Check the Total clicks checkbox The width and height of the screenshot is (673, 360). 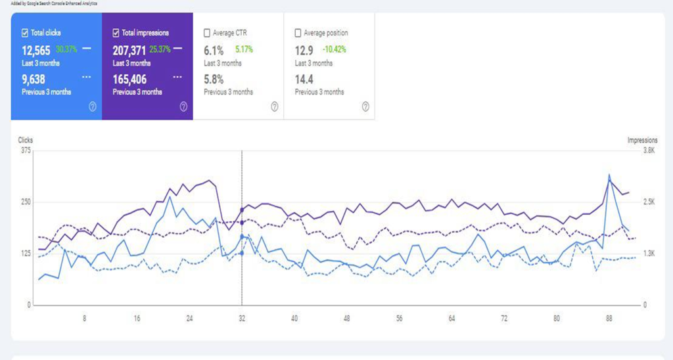point(25,32)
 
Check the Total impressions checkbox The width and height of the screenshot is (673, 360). point(116,32)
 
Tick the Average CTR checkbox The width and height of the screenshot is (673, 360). point(208,32)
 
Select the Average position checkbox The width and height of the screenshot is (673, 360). point(298,32)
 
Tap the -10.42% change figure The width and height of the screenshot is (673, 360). point(335,49)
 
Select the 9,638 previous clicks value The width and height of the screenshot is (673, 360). point(34,79)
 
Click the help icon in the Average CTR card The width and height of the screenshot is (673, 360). point(274,106)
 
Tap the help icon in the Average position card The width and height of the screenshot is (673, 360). point(365,106)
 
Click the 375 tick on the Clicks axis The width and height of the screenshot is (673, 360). point(26,150)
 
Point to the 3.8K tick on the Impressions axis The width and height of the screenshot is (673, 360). point(649,150)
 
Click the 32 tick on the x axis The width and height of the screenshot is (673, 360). point(242,318)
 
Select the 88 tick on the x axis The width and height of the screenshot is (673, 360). point(609,318)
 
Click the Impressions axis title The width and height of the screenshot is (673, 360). point(642,140)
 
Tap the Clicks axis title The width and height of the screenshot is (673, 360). point(26,140)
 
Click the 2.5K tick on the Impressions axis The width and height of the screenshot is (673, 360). point(649,202)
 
